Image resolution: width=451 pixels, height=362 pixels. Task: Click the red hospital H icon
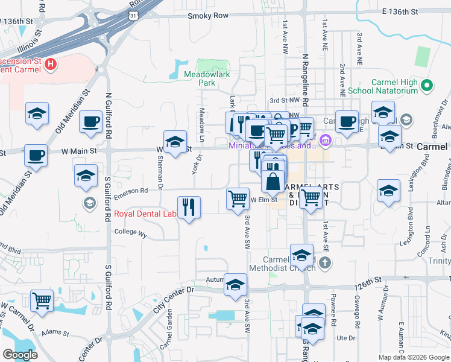point(51,63)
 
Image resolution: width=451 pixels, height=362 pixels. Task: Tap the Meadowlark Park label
point(207,78)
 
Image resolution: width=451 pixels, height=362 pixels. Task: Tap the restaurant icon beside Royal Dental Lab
point(189,208)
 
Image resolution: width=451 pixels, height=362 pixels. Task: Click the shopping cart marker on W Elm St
point(238,198)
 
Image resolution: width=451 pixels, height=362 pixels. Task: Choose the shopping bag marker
point(273,180)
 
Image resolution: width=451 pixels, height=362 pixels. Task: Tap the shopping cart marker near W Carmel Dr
point(42,300)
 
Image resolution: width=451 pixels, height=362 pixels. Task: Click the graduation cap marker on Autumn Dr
point(235,285)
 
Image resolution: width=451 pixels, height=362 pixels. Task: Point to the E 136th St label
point(408,11)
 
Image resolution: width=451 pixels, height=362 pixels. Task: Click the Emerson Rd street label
point(131,191)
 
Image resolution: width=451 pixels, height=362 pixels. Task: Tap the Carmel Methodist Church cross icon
point(324,262)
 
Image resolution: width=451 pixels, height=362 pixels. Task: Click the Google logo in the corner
point(20,355)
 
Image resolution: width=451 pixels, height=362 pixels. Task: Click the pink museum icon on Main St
point(326,141)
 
